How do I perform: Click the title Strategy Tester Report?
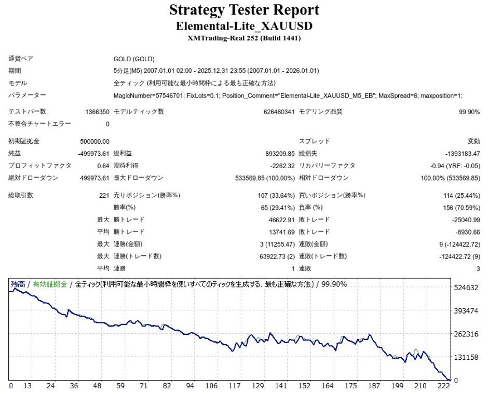pyautogui.click(x=244, y=10)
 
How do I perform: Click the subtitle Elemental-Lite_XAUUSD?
pyautogui.click(x=244, y=26)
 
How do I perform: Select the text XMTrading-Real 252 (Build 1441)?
pyautogui.click(x=244, y=38)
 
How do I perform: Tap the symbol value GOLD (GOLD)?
pyautogui.click(x=134, y=59)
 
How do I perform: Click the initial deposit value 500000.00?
pyautogui.click(x=96, y=141)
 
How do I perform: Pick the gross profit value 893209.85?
pyautogui.click(x=276, y=154)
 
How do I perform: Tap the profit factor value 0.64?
pyautogui.click(x=103, y=166)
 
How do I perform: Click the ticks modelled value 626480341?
pyautogui.click(x=273, y=112)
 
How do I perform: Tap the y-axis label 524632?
pyautogui.click(x=466, y=288)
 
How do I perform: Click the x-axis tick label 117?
pyautogui.click(x=235, y=386)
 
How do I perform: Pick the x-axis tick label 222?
pyautogui.click(x=443, y=386)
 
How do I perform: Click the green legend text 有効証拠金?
pyautogui.click(x=50, y=284)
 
